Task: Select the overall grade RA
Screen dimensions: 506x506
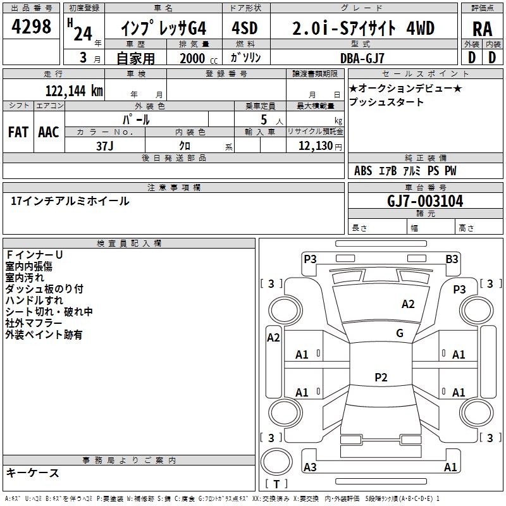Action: (481, 29)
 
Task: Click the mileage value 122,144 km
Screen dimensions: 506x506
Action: (73, 91)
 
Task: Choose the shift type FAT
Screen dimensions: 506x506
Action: (18, 132)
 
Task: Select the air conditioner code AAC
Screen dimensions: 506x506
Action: (49, 132)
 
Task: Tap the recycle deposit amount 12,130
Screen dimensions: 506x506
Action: (314, 146)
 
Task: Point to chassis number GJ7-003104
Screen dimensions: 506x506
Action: (425, 201)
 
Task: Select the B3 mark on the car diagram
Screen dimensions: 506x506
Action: (452, 258)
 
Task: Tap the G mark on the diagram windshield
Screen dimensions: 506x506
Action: (399, 333)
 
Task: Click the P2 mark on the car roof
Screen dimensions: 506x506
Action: (380, 377)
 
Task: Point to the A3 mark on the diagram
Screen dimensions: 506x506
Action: (310, 467)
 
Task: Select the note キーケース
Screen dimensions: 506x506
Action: (32, 473)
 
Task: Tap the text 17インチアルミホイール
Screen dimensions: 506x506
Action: (70, 201)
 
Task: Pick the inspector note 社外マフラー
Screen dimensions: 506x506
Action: (34, 323)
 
